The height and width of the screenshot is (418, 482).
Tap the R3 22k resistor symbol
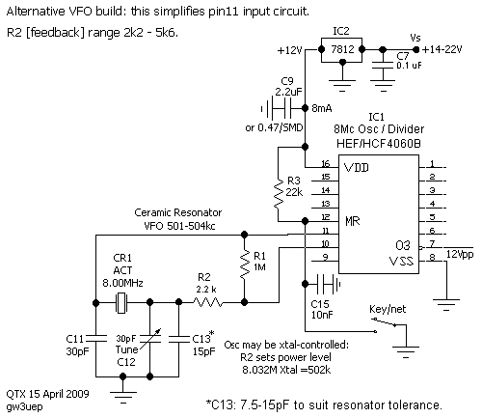point(279,193)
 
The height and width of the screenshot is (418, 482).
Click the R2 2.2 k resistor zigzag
point(207,302)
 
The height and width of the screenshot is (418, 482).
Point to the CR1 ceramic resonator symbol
point(121,303)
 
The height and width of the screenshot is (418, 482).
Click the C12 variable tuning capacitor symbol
point(149,340)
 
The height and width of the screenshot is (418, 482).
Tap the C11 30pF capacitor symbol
point(95,338)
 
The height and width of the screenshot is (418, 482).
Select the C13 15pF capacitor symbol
point(179,338)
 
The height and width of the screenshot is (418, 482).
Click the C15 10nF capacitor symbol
point(328,284)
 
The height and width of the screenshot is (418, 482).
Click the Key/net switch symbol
point(385,324)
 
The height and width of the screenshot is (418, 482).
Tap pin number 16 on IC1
point(325,164)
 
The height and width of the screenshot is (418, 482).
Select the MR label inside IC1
point(352,221)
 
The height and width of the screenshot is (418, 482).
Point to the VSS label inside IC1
point(401,261)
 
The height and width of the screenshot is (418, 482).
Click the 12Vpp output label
point(460,255)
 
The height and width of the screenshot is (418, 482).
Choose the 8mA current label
point(322,108)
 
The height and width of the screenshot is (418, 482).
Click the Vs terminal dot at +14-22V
point(415,49)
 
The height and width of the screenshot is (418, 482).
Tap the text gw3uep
point(24,406)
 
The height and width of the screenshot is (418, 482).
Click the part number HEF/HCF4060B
point(378,143)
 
